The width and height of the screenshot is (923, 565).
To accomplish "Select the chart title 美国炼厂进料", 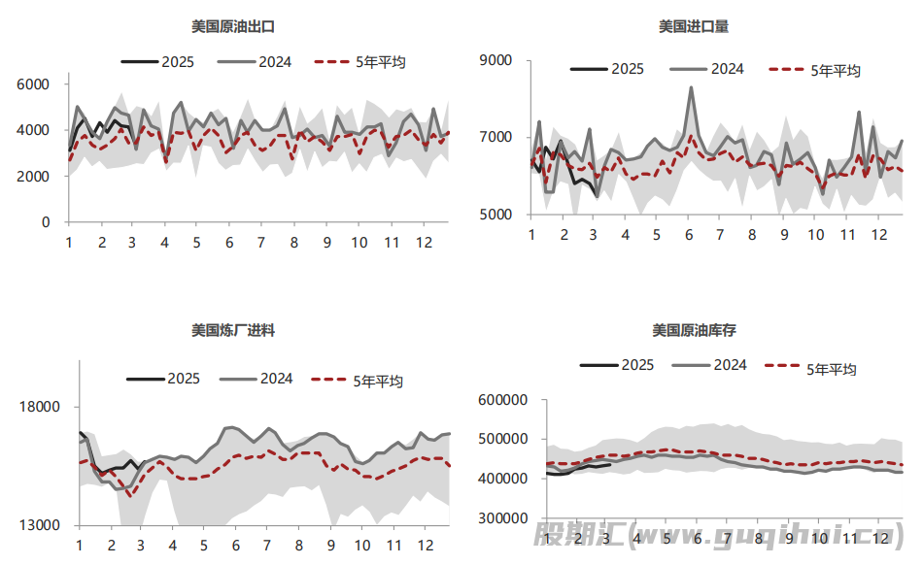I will (x=233, y=330).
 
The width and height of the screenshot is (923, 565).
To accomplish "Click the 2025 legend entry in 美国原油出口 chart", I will (x=157, y=61).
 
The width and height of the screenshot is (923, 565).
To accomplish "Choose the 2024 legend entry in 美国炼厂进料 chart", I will (x=256, y=379).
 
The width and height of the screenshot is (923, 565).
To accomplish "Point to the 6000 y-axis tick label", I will (x=34, y=84).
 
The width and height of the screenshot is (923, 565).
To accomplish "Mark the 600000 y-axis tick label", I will (x=503, y=400).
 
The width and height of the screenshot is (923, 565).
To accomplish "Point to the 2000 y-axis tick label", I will (x=34, y=177).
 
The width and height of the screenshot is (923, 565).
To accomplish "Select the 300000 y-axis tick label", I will (x=503, y=518).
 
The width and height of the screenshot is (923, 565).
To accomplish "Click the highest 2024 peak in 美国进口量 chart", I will (x=691, y=87).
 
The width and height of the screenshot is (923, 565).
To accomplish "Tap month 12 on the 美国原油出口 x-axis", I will (x=424, y=242).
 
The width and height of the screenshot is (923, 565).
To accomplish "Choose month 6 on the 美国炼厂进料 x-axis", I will (x=234, y=545).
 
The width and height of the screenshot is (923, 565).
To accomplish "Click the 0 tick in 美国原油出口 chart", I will (x=46, y=222).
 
